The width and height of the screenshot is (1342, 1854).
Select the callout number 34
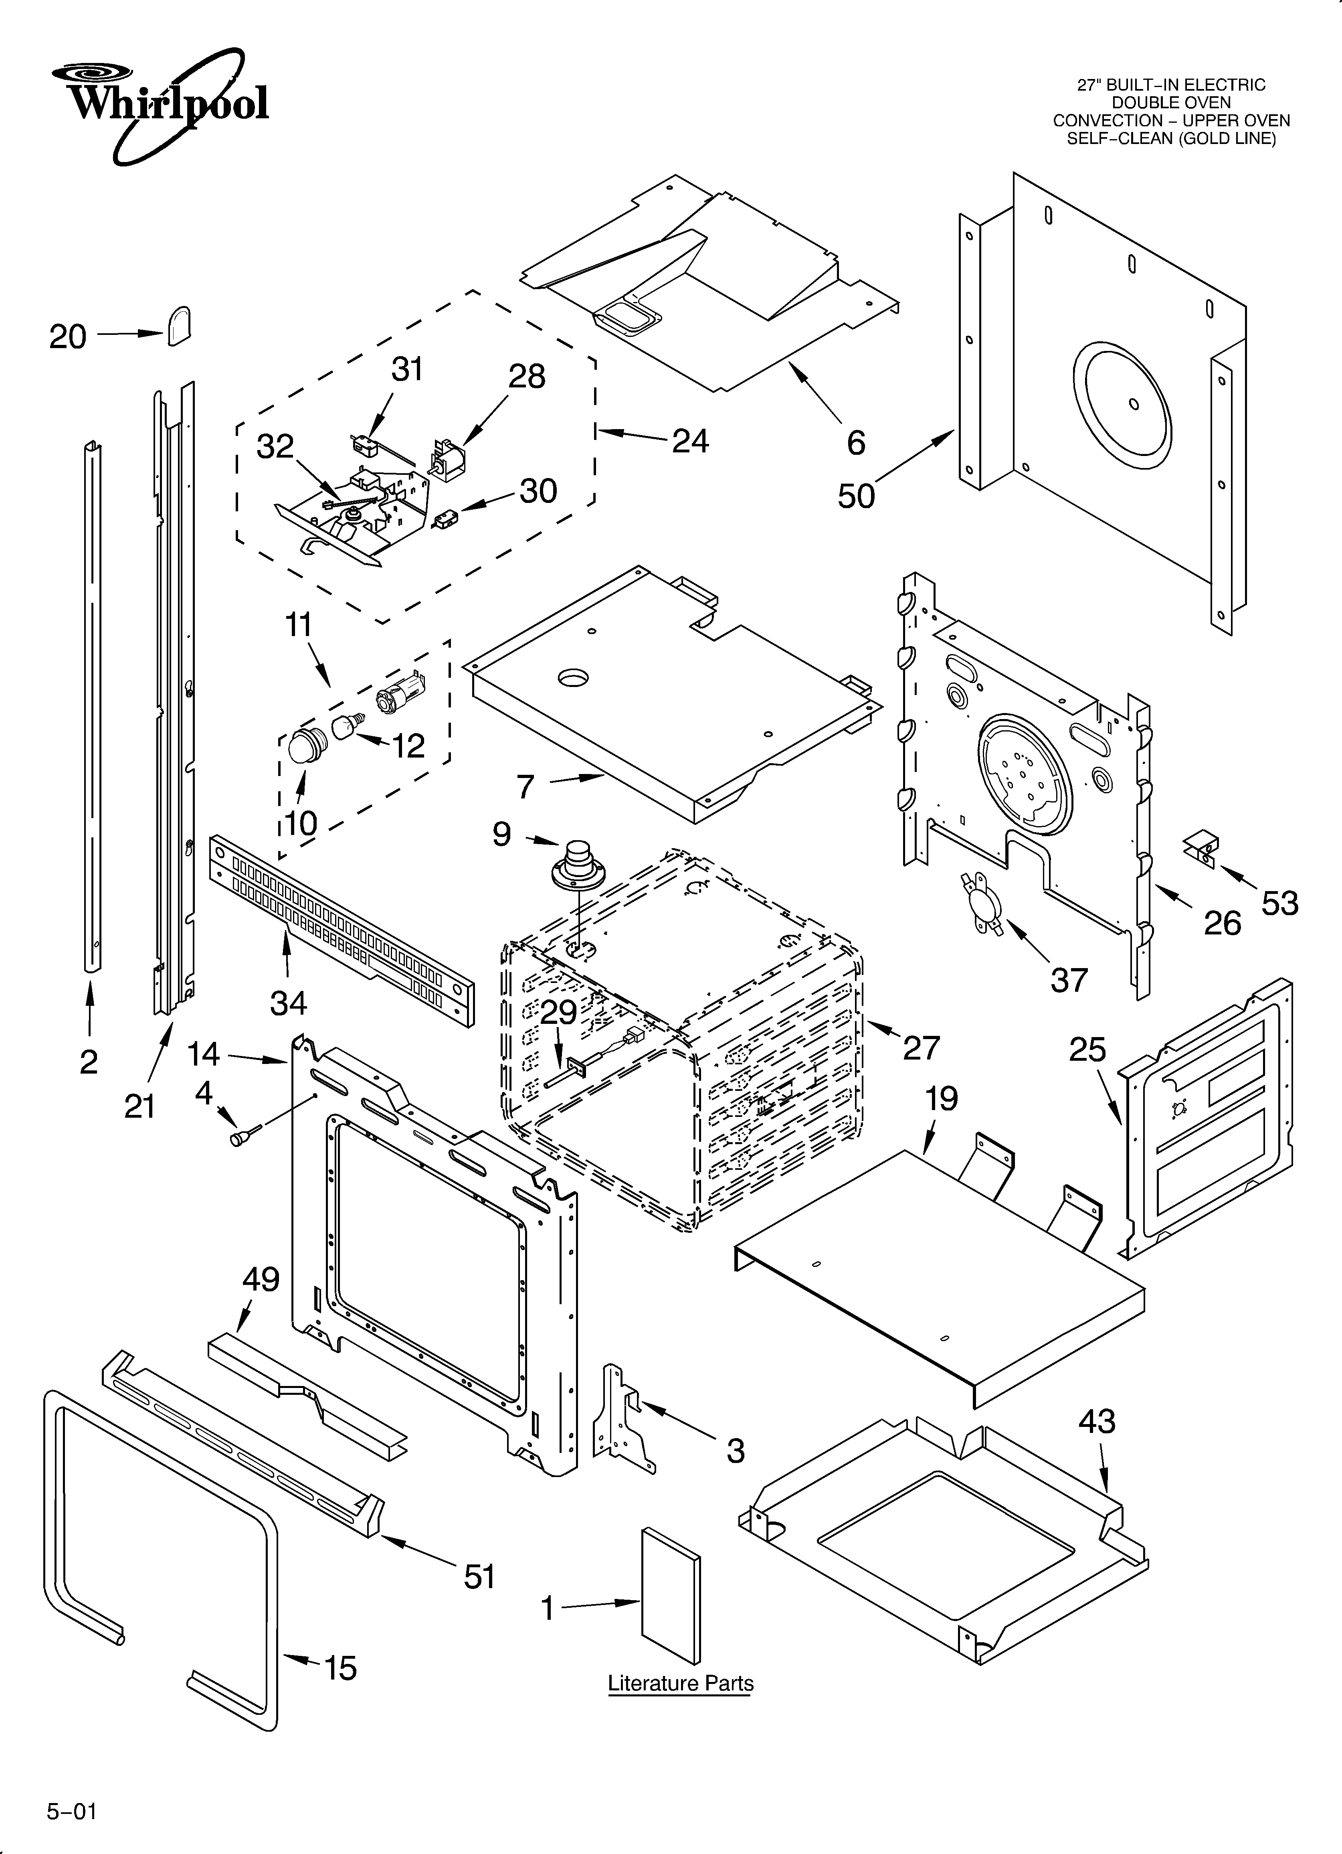pyautogui.click(x=289, y=1003)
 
